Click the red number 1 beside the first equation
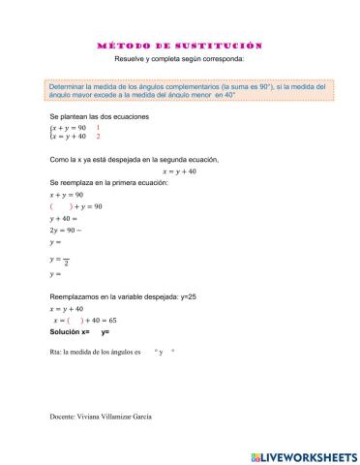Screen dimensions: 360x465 tap(98, 127)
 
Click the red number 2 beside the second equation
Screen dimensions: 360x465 tap(98, 137)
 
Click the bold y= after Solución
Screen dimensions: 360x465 tap(105, 331)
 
